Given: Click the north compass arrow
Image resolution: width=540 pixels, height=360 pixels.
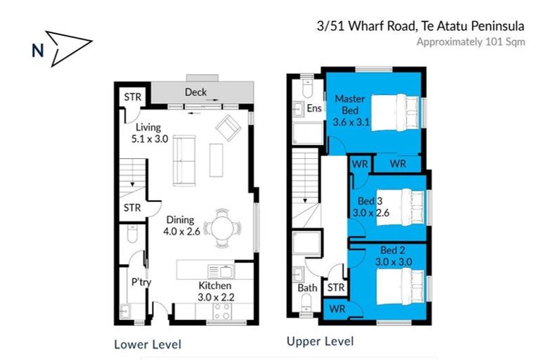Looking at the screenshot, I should pos(69,44).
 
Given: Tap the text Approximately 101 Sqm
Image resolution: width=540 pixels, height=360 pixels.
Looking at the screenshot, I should pos(470,41).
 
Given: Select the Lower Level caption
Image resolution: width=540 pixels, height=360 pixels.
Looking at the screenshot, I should pos(148,344).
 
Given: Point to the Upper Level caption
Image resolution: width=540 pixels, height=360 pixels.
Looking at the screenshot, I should pos(320,342).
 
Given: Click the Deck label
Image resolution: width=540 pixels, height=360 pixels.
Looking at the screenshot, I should pos(195,92).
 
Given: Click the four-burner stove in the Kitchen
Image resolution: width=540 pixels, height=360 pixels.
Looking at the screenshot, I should pos(221,311).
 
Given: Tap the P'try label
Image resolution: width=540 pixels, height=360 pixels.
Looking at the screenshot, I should pos(141,283).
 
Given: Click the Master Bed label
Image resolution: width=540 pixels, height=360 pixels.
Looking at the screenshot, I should pos(349,104).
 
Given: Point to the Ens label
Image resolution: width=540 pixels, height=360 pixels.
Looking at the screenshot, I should pos(314,108).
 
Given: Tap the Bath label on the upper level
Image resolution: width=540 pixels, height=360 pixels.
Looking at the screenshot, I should pos(307,288).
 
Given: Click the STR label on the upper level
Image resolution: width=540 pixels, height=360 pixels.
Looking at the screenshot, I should pos(335,288).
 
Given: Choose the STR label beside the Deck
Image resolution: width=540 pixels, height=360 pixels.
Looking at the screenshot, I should pos(131,96).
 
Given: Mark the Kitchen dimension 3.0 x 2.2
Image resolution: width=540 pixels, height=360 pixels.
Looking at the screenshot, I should pos(214,297).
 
